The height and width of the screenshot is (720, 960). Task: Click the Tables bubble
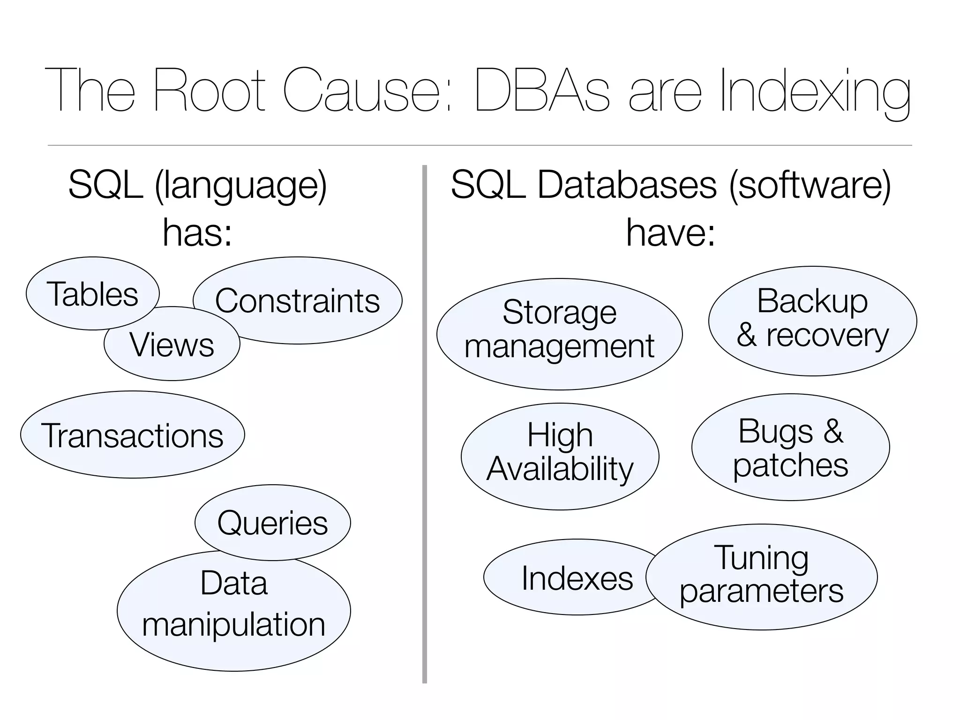click(x=92, y=293)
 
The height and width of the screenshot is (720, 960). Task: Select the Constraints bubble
click(x=309, y=300)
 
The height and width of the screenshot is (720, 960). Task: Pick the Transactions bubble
click(x=132, y=435)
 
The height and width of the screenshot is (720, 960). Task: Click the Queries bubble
click(x=272, y=522)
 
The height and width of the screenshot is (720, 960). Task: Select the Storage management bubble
click(x=559, y=334)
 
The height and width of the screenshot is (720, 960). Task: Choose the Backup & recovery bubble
click(x=812, y=321)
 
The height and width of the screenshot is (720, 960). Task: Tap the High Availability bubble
click(x=560, y=456)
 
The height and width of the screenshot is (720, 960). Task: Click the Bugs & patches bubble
click(x=790, y=447)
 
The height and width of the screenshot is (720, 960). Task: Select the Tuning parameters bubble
click(x=762, y=577)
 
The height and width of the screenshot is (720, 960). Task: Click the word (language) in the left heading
click(x=240, y=186)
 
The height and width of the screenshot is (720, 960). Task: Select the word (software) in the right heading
click(x=810, y=186)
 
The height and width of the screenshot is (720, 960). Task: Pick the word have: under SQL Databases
click(x=670, y=232)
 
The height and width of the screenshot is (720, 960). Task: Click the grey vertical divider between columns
click(x=425, y=422)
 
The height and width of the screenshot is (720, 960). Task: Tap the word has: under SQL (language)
click(x=197, y=232)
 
